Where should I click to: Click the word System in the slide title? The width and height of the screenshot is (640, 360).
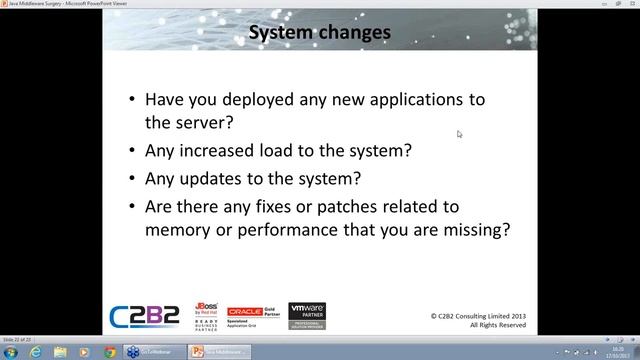coord(282,35)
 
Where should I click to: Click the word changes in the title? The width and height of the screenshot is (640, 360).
coord(355,35)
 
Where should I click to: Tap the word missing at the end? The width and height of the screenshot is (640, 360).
coord(477,230)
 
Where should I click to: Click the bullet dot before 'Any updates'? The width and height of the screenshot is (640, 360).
coord(134,181)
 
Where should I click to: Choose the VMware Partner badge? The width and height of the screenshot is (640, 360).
coord(307,316)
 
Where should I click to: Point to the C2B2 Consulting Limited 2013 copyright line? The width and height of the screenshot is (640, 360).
coord(475,316)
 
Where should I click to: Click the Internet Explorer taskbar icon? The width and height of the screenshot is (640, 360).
coord(35,352)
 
